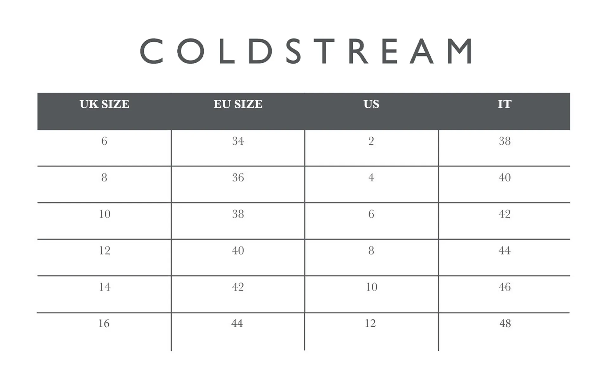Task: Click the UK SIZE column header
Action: click(104, 104)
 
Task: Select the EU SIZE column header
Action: click(238, 104)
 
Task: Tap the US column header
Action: click(371, 104)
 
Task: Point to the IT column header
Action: click(504, 104)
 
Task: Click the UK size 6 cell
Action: click(104, 141)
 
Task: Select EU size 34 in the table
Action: click(238, 141)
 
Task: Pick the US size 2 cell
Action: click(371, 141)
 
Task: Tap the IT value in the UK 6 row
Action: click(505, 141)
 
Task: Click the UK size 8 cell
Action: click(104, 178)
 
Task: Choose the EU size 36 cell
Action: click(238, 178)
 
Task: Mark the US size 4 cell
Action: click(371, 178)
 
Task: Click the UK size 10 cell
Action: click(104, 214)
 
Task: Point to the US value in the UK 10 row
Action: click(371, 214)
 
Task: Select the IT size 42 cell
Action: click(505, 214)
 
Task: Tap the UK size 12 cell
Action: click(104, 251)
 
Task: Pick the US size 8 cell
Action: click(371, 251)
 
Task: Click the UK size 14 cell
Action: click(104, 287)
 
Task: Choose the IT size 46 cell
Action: click(505, 287)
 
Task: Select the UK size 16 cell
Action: click(104, 323)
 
